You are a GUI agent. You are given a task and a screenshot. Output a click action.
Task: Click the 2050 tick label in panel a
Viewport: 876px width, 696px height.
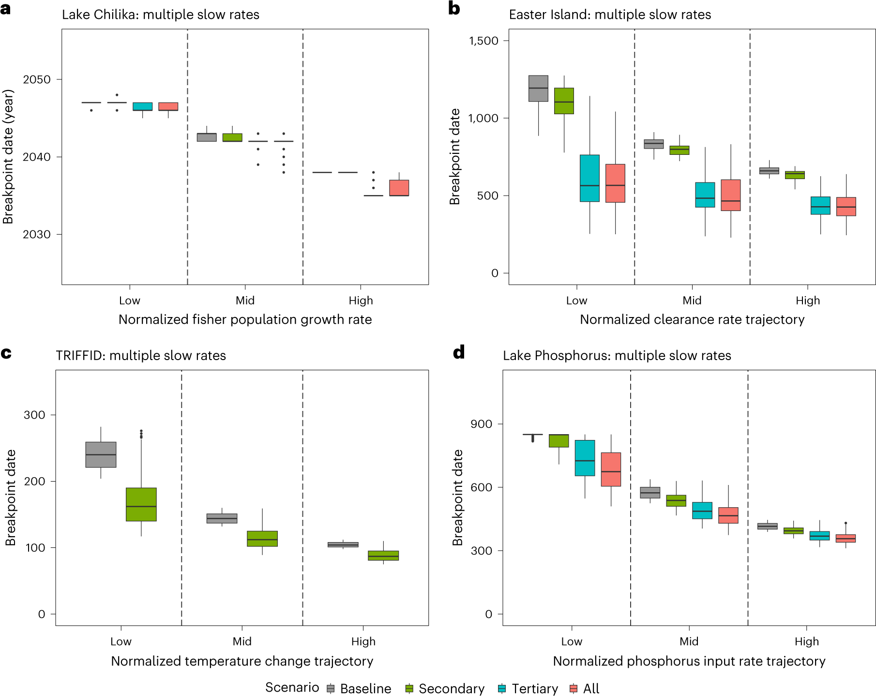tap(36, 80)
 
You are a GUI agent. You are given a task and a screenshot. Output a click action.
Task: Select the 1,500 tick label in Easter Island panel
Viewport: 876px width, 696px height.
tap(483, 41)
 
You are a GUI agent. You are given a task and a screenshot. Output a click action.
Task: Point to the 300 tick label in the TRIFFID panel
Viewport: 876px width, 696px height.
tap(34, 415)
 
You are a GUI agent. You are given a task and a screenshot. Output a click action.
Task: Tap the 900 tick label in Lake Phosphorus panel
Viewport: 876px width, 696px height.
tap(481, 424)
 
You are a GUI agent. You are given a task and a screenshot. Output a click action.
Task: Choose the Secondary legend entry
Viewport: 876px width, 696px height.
tap(445, 688)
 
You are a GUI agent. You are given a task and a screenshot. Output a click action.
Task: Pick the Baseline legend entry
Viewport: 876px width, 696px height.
tap(359, 688)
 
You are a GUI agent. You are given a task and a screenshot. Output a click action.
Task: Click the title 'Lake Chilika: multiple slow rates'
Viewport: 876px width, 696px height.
tap(160, 15)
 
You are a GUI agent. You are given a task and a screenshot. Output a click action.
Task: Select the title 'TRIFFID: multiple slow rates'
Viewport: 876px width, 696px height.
tap(140, 356)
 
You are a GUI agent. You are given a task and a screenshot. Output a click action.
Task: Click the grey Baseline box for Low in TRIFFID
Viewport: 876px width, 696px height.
tap(101, 454)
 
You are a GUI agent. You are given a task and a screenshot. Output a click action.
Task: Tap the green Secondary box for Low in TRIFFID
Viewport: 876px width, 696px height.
tap(141, 504)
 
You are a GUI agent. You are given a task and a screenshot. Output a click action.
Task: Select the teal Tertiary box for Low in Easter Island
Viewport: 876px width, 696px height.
tap(589, 178)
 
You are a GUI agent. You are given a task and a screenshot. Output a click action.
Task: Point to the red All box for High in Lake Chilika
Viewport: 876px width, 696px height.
tap(399, 188)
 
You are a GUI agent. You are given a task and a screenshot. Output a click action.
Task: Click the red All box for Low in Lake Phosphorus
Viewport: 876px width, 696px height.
tap(611, 469)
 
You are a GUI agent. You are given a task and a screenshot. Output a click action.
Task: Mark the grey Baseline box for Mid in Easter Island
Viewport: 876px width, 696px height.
tap(653, 144)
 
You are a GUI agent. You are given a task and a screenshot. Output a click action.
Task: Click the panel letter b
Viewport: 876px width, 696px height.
tap(454, 9)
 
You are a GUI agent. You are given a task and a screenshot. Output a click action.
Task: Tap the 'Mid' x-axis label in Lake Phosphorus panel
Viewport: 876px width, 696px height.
tap(689, 641)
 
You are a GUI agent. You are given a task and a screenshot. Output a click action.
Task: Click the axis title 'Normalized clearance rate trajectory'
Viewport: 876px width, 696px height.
tap(692, 319)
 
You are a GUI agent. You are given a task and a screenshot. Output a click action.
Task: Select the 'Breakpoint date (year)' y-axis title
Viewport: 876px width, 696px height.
tap(8, 157)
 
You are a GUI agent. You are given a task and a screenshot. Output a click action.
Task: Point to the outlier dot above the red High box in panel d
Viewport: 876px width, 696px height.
tap(846, 523)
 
